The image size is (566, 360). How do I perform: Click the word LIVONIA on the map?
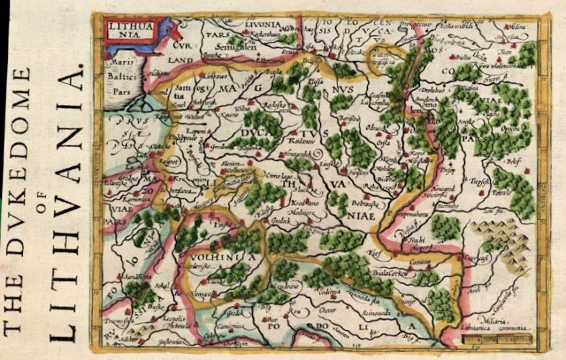264,24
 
